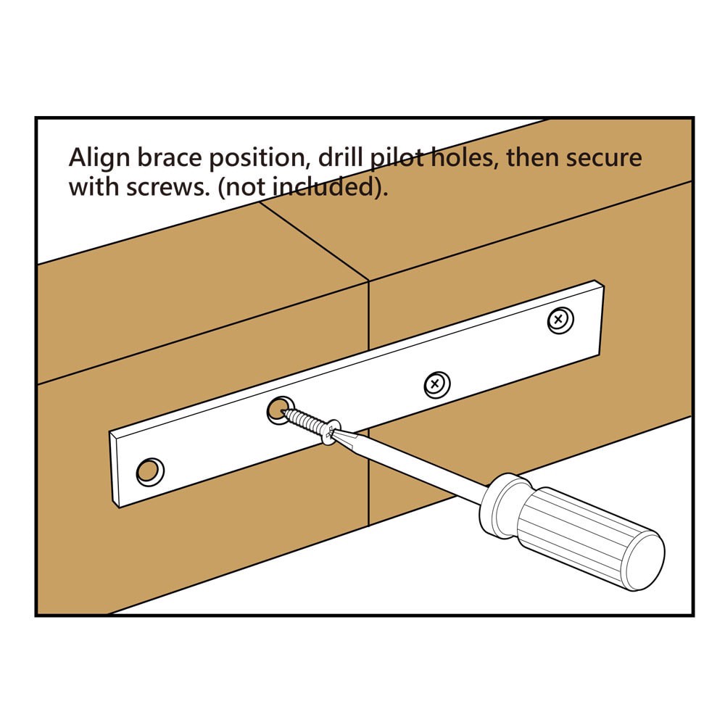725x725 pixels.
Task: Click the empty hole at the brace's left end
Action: tap(149, 472)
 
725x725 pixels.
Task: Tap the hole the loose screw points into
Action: tap(278, 411)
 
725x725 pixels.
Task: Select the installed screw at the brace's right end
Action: tap(559, 320)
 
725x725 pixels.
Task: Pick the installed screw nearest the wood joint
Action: tap(436, 384)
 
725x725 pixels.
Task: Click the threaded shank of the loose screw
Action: tap(304, 422)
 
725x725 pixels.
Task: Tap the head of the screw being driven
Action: tap(331, 434)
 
